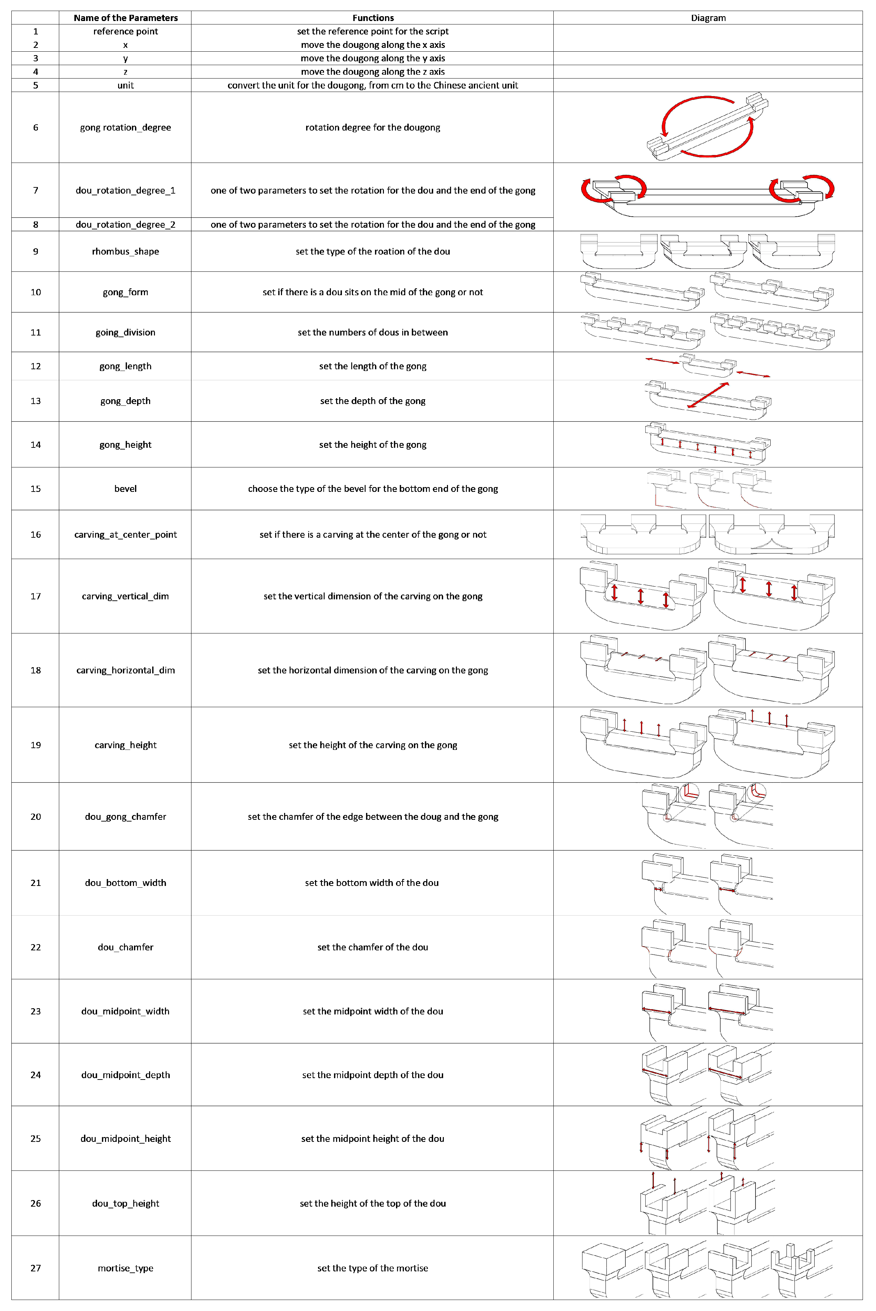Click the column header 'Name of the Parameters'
click(x=126, y=18)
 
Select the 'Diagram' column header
click(x=708, y=18)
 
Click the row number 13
click(x=36, y=401)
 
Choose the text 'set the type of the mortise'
click(x=373, y=1268)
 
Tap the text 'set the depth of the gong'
click(x=373, y=401)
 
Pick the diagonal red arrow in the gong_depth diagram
click(x=708, y=395)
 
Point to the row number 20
click(x=36, y=816)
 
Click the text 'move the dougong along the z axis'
click(x=373, y=72)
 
